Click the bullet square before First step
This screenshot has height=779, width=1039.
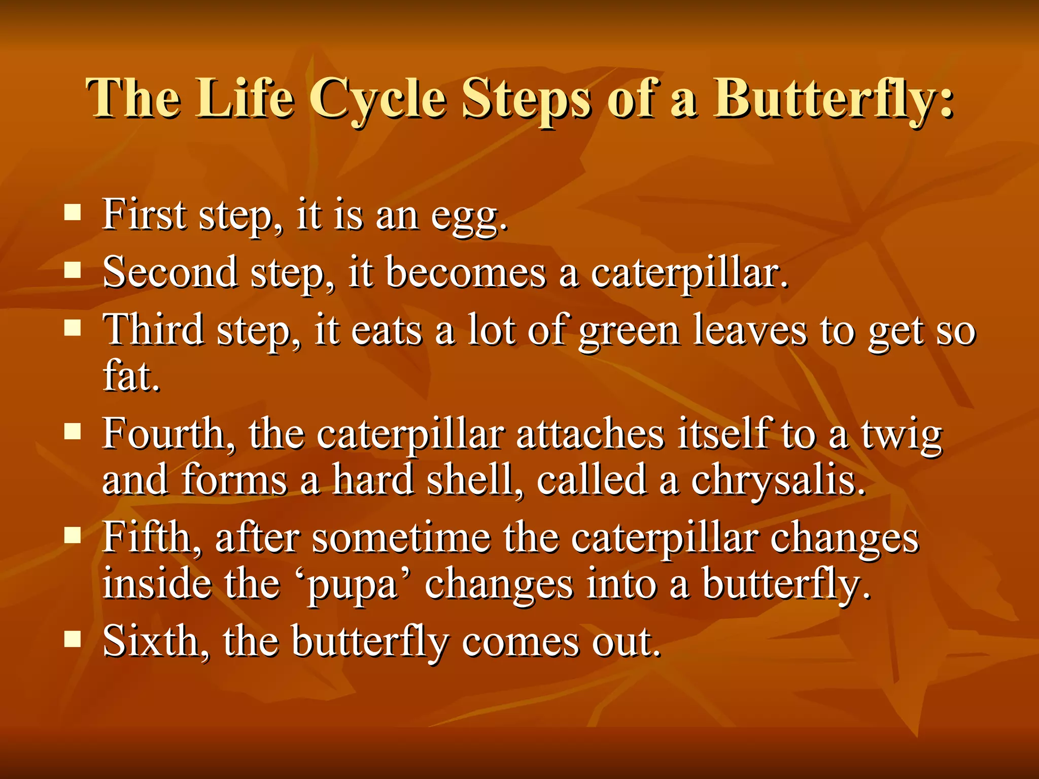tap(73, 214)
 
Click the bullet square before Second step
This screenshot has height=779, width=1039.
tap(73, 271)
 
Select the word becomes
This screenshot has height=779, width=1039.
tap(466, 273)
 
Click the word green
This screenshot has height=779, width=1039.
tap(629, 332)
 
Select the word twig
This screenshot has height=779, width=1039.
tap(902, 436)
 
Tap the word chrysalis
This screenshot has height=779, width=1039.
tap(777, 481)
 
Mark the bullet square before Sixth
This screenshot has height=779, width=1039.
tap(73, 640)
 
